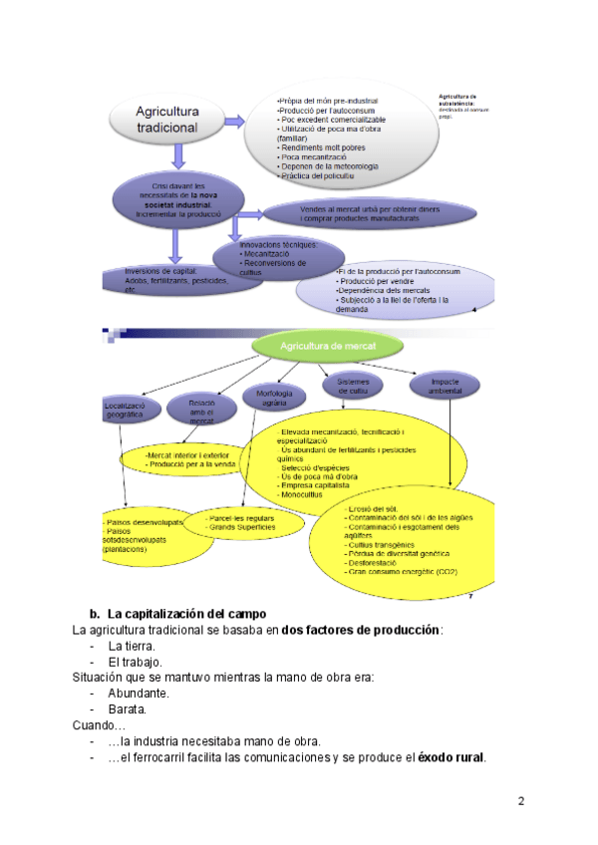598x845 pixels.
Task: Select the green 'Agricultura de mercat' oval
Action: pyautogui.click(x=328, y=346)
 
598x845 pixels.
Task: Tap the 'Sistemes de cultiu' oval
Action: pyautogui.click(x=354, y=386)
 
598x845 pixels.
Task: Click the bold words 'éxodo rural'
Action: pyautogui.click(x=451, y=757)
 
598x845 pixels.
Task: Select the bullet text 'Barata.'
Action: pyautogui.click(x=128, y=709)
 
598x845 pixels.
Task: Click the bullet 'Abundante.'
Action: pyautogui.click(x=139, y=694)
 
